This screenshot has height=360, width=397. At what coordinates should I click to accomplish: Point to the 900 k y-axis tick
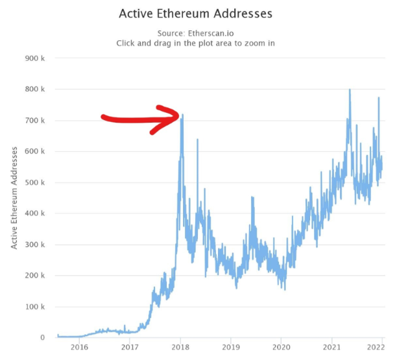(34, 58)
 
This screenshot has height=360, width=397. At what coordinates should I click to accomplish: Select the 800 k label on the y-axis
(34, 89)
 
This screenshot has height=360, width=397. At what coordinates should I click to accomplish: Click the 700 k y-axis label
(34, 120)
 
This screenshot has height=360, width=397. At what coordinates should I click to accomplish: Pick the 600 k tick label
(34, 151)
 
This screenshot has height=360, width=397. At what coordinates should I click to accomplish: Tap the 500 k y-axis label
(34, 182)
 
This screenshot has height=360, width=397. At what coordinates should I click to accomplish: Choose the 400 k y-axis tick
(34, 213)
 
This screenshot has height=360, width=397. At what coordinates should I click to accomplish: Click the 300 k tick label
(34, 245)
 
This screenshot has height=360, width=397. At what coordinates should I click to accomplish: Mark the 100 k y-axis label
(34, 307)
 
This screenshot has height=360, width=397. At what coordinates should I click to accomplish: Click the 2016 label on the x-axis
(79, 348)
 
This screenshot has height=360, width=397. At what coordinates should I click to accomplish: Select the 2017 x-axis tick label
(130, 348)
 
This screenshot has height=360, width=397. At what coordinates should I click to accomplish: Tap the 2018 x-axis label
(180, 348)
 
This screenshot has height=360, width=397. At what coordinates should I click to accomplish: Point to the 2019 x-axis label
(231, 348)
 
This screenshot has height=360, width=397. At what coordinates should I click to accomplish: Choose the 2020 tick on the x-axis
(282, 348)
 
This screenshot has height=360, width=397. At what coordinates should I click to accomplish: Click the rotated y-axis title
(14, 197)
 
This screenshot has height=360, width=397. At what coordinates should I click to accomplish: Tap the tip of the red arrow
(178, 116)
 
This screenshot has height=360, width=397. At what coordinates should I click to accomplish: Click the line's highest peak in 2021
(350, 90)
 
